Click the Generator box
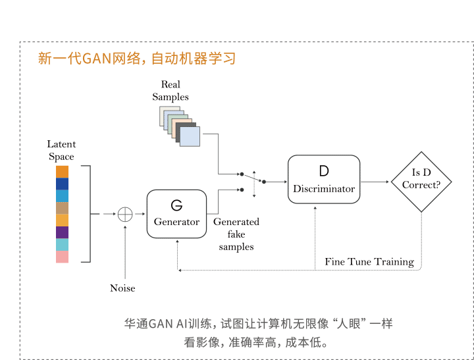coord(176,213)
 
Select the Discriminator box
coord(324,180)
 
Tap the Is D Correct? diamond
coord(421,179)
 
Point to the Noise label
coord(122,288)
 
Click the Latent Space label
coord(61,150)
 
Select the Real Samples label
coord(171,91)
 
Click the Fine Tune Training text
coord(369,261)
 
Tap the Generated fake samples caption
coord(236,234)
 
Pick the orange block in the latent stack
coord(62,171)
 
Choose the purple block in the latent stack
coord(62,232)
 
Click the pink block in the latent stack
coord(62,257)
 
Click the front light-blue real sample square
coord(189,137)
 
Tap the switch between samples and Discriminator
coord(253,181)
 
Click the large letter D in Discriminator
coord(323,171)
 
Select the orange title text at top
coord(136,59)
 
